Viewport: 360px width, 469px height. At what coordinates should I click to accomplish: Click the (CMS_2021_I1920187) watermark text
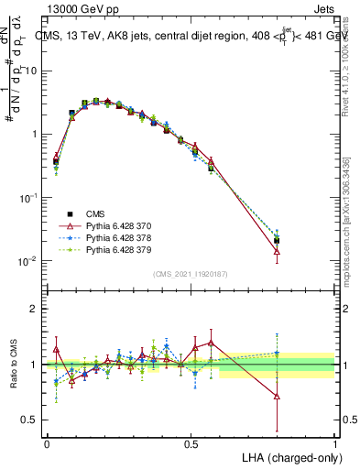pyautogui.click(x=191, y=275)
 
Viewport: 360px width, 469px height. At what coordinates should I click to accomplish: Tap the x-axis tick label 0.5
pyautogui.click(x=191, y=443)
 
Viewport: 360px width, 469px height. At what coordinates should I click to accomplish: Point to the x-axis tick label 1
pyautogui.click(x=335, y=443)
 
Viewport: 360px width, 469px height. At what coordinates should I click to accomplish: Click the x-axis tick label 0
pyautogui.click(x=47, y=443)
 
